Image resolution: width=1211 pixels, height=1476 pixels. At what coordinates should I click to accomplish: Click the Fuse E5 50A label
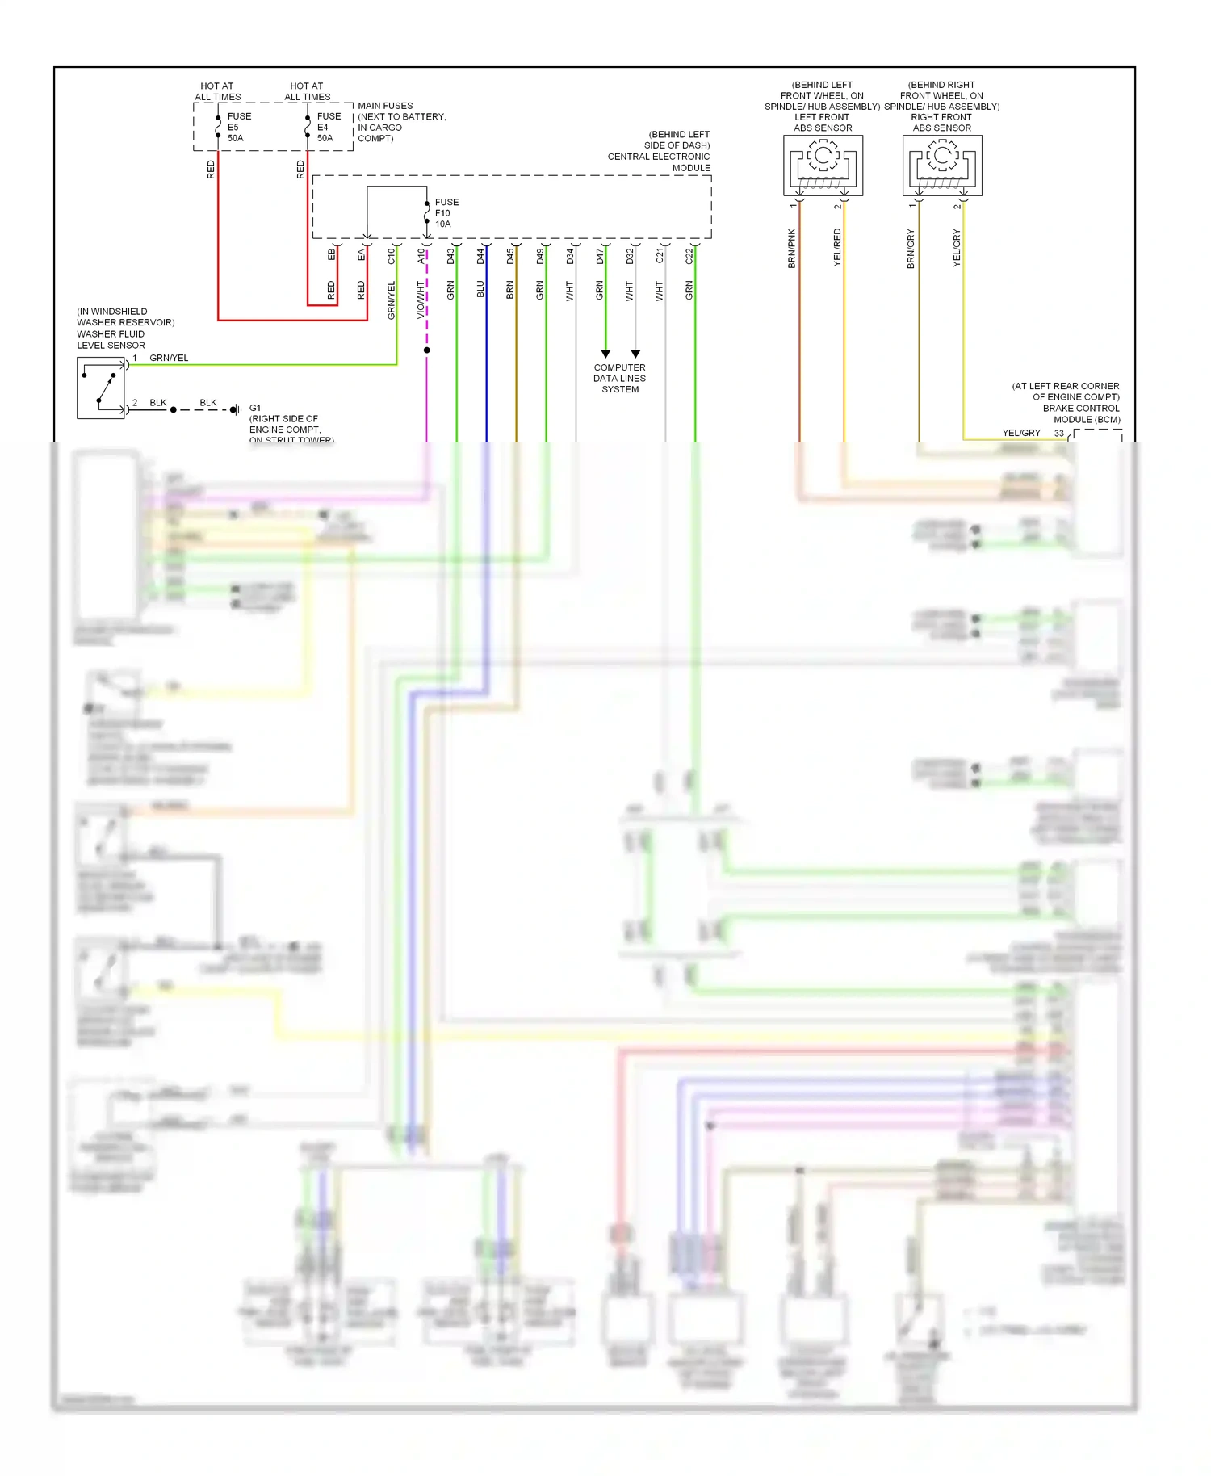click(x=238, y=127)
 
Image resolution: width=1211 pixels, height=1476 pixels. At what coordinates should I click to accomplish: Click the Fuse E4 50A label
click(x=328, y=127)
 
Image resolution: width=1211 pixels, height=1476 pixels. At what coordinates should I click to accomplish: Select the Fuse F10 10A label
click(x=446, y=213)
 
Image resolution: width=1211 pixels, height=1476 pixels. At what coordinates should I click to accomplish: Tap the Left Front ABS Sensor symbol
click(x=823, y=166)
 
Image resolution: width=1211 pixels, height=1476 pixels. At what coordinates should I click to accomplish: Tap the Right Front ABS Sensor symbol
click(x=942, y=166)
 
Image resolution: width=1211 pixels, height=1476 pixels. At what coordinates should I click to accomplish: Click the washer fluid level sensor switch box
click(x=101, y=388)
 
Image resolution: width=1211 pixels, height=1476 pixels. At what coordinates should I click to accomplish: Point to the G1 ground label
click(x=255, y=408)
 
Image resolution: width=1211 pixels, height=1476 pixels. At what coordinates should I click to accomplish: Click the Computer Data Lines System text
click(x=619, y=378)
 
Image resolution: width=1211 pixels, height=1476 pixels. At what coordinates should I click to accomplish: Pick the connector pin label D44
click(x=480, y=256)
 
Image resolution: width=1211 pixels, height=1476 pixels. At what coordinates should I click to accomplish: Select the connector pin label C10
click(x=392, y=256)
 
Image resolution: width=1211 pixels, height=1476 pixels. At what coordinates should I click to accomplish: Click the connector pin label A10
click(x=421, y=256)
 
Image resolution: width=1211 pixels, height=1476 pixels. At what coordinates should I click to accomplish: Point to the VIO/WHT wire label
click(x=421, y=300)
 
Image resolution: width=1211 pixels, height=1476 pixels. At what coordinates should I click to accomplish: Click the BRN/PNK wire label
click(x=792, y=249)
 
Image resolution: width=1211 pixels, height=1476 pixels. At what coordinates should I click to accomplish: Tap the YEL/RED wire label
click(x=837, y=248)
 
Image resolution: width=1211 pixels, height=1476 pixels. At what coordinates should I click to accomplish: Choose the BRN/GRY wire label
click(x=911, y=249)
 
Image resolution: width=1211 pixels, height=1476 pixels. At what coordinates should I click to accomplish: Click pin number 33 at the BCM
click(x=1058, y=434)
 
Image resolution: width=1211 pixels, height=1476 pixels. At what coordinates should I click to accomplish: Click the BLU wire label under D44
click(x=480, y=289)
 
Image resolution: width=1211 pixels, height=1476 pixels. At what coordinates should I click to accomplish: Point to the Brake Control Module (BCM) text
click(x=1081, y=413)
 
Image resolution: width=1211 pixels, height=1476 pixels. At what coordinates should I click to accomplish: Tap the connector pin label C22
click(x=689, y=256)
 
